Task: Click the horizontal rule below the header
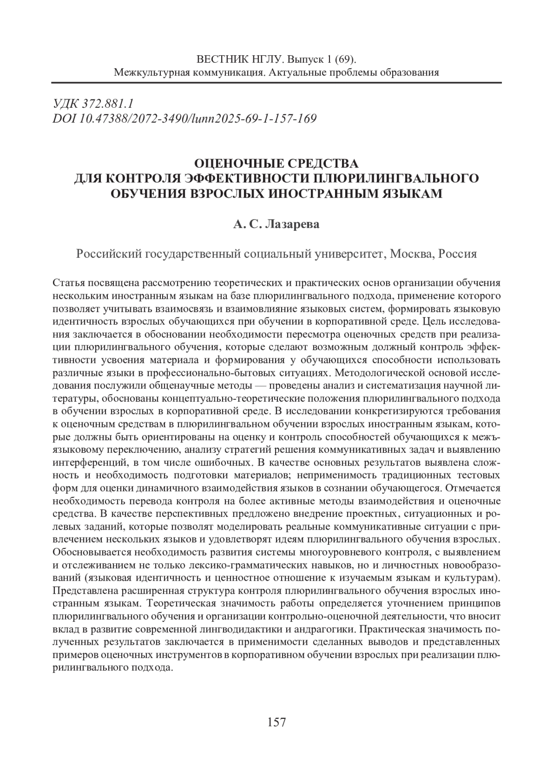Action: coord(276,83)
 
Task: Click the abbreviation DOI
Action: coord(65,119)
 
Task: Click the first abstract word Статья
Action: coord(67,283)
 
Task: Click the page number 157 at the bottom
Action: coord(276,722)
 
